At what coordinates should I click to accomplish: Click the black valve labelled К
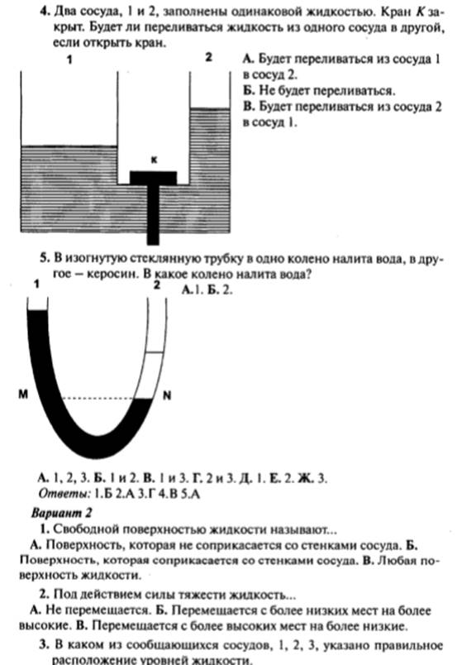pyautogui.click(x=153, y=199)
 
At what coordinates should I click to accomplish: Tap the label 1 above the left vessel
pyautogui.click(x=69, y=60)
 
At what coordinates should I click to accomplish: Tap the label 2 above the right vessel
pyautogui.click(x=208, y=57)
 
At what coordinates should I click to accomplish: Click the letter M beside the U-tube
pyautogui.click(x=23, y=395)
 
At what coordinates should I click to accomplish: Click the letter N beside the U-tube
pyautogui.click(x=167, y=395)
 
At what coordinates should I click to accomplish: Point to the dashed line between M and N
pyautogui.click(x=98, y=398)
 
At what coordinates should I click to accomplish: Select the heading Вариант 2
pyautogui.click(x=61, y=513)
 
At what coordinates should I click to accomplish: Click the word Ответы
pyautogui.click(x=64, y=494)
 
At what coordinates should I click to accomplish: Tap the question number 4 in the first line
pyautogui.click(x=45, y=12)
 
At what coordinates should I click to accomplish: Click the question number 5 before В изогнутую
pyautogui.click(x=45, y=258)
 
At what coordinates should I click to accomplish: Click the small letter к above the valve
pyautogui.click(x=154, y=160)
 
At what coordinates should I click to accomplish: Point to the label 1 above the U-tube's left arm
pyautogui.click(x=37, y=285)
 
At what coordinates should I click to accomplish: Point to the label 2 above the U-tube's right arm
pyautogui.click(x=157, y=285)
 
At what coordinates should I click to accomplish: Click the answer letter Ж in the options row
pyautogui.click(x=305, y=478)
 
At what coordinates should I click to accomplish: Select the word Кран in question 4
pyautogui.click(x=393, y=12)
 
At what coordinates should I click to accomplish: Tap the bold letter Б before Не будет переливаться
pyautogui.click(x=249, y=90)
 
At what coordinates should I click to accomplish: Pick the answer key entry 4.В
pyautogui.click(x=168, y=494)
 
